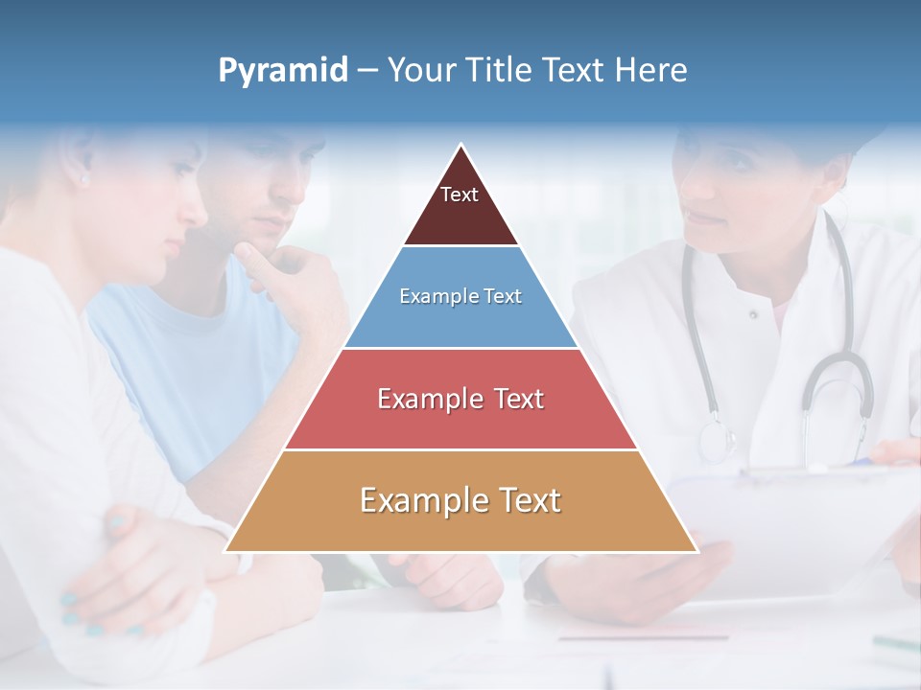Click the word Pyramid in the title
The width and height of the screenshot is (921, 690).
point(282,71)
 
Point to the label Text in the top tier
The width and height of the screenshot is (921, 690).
point(459,195)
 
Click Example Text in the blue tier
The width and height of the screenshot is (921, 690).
point(460,296)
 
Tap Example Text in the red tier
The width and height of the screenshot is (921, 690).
point(460,399)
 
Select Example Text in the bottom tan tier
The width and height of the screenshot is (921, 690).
point(460,500)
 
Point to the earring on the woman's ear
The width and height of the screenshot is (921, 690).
point(83,179)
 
